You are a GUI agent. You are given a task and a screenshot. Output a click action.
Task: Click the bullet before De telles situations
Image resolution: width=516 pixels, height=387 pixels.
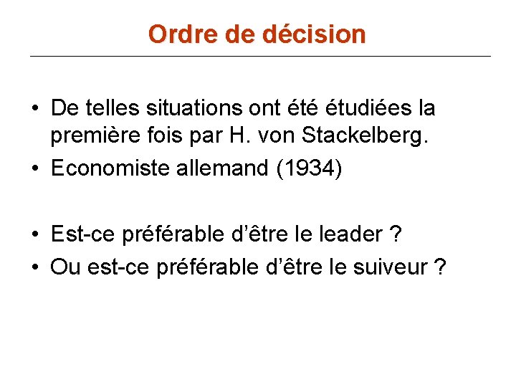35,109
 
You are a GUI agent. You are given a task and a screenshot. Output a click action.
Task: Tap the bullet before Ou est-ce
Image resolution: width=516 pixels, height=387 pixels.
35,267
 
